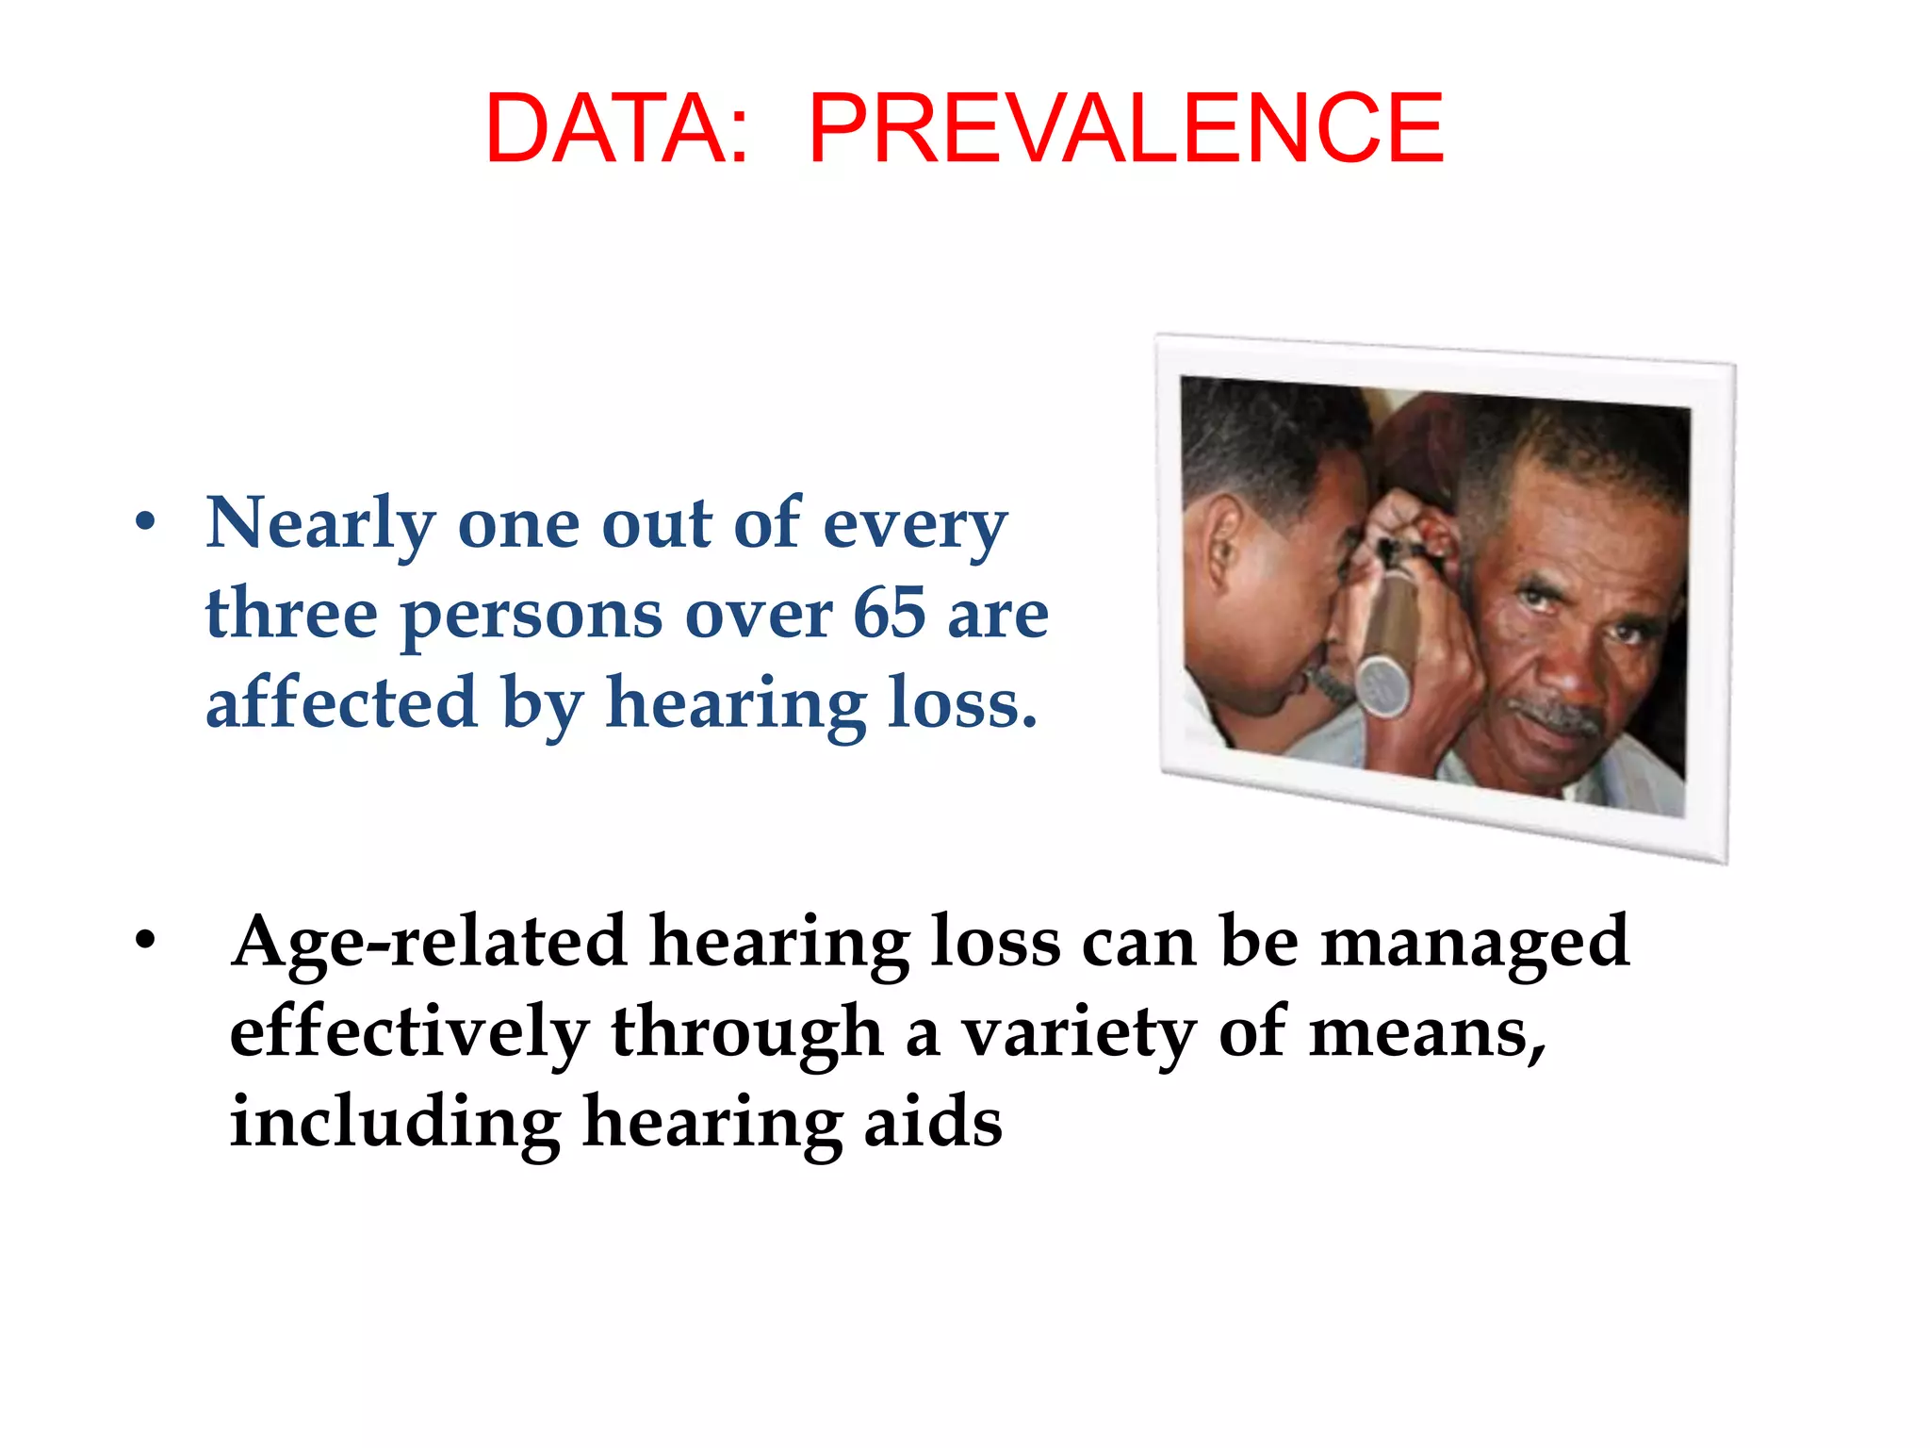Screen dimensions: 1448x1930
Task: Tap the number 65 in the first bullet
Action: (x=890, y=613)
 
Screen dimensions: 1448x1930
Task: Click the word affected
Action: (x=341, y=702)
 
